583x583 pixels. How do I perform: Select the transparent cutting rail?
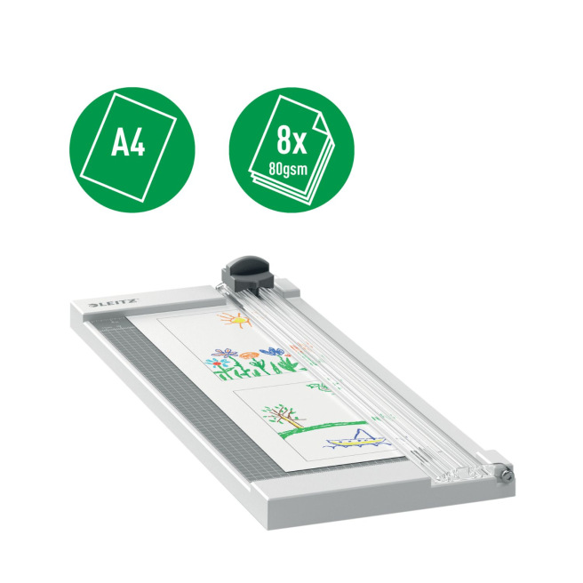click(355, 373)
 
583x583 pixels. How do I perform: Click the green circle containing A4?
click(132, 151)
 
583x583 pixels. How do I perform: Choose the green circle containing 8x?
click(291, 151)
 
